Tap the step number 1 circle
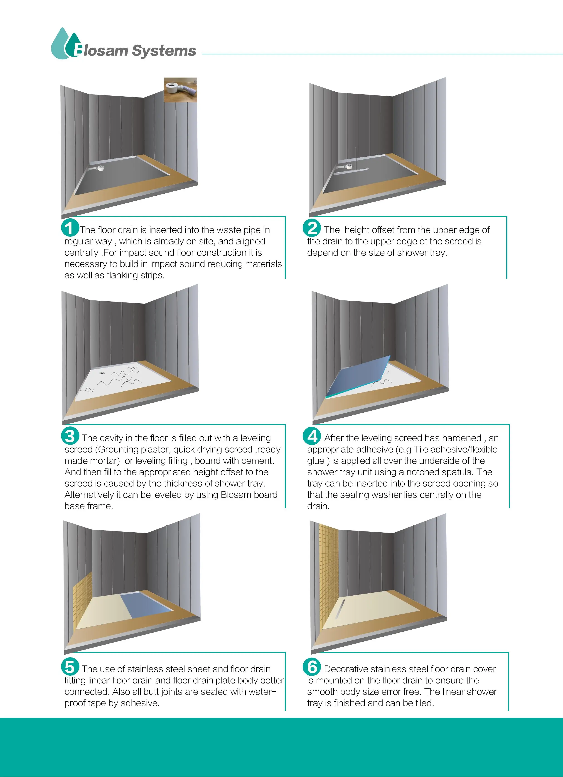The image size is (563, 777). tap(70, 228)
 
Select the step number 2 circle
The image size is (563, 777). tap(312, 228)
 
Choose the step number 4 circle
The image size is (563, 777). tap(312, 436)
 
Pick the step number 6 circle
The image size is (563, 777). tap(312, 667)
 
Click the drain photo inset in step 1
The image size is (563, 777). tap(180, 90)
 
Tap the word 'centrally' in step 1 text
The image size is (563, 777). tap(81, 253)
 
